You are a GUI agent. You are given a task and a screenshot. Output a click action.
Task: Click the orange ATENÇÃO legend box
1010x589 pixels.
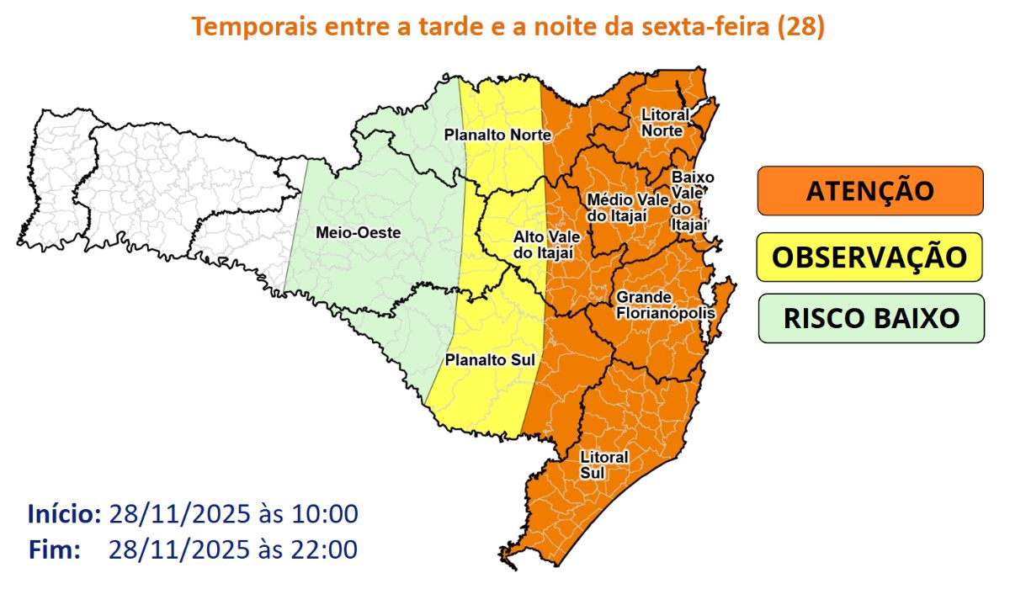pyautogui.click(x=870, y=190)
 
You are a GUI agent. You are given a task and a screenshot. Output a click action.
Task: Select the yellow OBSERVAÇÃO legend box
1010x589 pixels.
pyautogui.click(x=870, y=257)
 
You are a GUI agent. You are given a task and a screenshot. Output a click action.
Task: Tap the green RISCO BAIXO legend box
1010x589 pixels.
pyautogui.click(x=870, y=319)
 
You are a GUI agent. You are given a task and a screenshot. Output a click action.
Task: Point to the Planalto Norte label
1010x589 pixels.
pyautogui.click(x=497, y=135)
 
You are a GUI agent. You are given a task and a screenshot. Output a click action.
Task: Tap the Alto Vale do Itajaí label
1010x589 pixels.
pyautogui.click(x=544, y=245)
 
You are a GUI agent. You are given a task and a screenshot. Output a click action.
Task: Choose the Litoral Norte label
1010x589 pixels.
pyautogui.click(x=665, y=123)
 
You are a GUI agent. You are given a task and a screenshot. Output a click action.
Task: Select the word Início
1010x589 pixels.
pyautogui.click(x=64, y=513)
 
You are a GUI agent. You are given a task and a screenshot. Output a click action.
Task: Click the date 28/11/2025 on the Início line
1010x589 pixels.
pyautogui.click(x=173, y=513)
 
